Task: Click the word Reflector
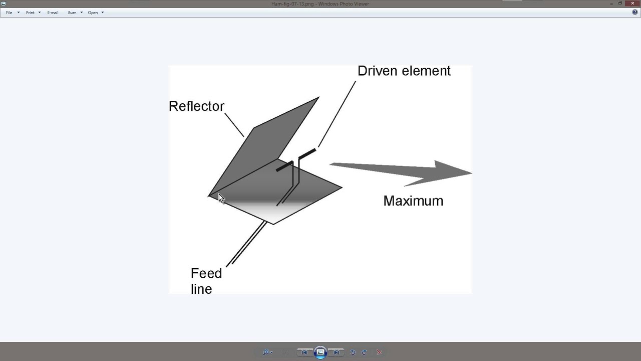pyautogui.click(x=196, y=106)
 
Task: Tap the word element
pyautogui.click(x=426, y=71)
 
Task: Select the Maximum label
pyautogui.click(x=413, y=201)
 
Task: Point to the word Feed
pyautogui.click(x=206, y=273)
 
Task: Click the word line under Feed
pyautogui.click(x=201, y=289)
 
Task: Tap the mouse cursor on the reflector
pyautogui.click(x=221, y=198)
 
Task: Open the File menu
pyautogui.click(x=9, y=13)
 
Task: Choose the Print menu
pyautogui.click(x=30, y=13)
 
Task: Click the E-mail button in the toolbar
pyautogui.click(x=53, y=13)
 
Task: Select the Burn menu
pyautogui.click(x=72, y=13)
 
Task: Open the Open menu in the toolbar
pyautogui.click(x=93, y=13)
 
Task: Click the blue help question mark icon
pyautogui.click(x=635, y=13)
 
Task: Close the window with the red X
pyautogui.click(x=632, y=4)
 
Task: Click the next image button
pyautogui.click(x=336, y=352)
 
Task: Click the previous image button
pyautogui.click(x=304, y=352)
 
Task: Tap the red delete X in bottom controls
pyautogui.click(x=379, y=352)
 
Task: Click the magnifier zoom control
pyautogui.click(x=266, y=352)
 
